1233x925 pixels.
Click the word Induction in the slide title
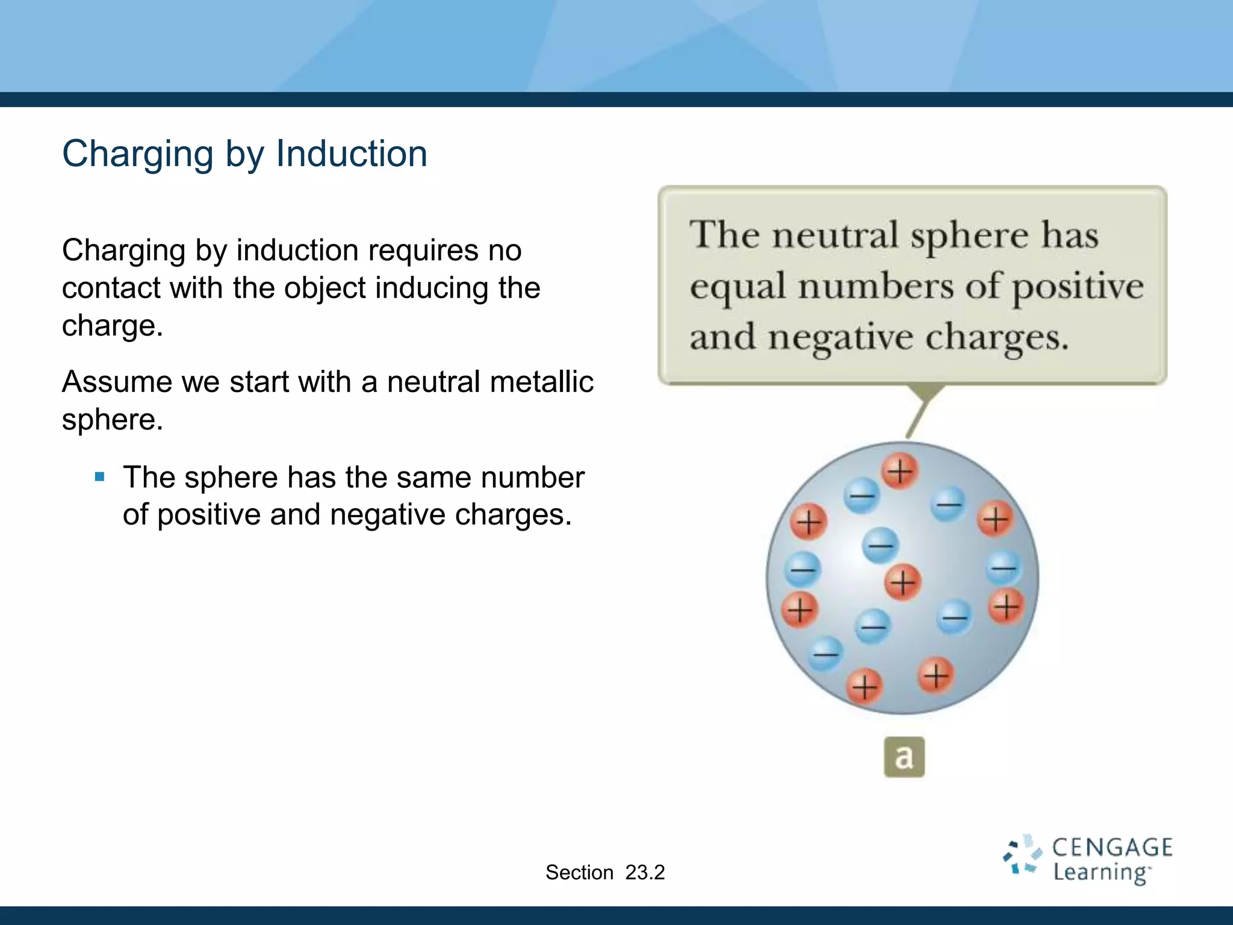352,154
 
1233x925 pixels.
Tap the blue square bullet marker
100,478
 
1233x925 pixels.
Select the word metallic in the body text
541,382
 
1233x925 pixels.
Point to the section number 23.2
645,872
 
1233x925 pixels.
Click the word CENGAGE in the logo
1112,848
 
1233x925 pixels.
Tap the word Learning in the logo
1101,873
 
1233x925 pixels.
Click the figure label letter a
904,757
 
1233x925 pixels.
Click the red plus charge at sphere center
902,582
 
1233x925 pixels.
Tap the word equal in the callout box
738,287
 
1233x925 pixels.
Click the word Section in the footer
579,872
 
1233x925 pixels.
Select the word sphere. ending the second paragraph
112,420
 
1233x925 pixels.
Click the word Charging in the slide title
138,154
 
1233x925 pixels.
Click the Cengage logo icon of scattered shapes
1022,855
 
